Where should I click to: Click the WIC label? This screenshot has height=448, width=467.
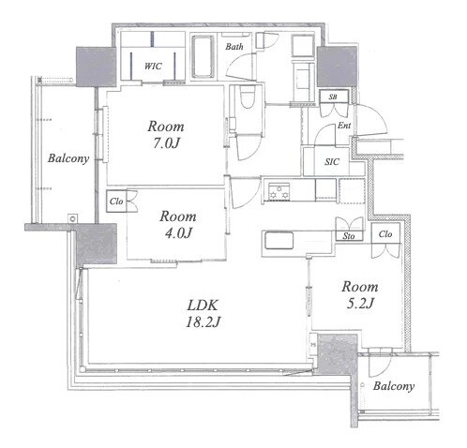point(153,66)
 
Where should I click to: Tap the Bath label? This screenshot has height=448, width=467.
point(234,47)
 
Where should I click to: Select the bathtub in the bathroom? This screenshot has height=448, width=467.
point(203,56)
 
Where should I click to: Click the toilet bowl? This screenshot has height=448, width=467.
point(248,97)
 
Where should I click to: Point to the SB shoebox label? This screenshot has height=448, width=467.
point(333,97)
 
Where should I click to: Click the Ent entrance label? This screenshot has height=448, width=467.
point(344,126)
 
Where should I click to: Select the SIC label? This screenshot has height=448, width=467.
point(332,162)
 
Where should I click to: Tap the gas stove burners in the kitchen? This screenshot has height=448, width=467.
point(279,191)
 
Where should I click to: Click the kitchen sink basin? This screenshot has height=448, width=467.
point(279,240)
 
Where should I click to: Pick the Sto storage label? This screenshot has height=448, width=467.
point(349,236)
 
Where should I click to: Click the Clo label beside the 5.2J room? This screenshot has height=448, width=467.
point(385,233)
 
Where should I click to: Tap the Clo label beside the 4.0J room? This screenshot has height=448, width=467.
point(116,202)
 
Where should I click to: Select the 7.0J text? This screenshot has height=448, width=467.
point(166,143)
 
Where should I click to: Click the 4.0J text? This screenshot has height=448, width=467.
point(178,232)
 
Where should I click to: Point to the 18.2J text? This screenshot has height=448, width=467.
point(203,321)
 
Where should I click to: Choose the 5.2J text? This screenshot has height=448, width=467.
point(360,303)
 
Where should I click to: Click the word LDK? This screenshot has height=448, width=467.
point(203,305)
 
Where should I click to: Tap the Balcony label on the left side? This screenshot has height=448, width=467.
point(68,158)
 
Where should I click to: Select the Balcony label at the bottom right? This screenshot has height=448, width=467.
point(394,386)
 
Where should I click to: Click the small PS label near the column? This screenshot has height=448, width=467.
point(313,345)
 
